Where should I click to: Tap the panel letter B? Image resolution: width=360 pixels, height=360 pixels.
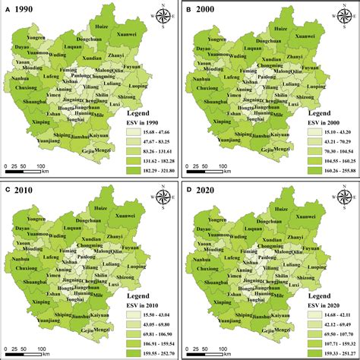pos(188,8)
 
